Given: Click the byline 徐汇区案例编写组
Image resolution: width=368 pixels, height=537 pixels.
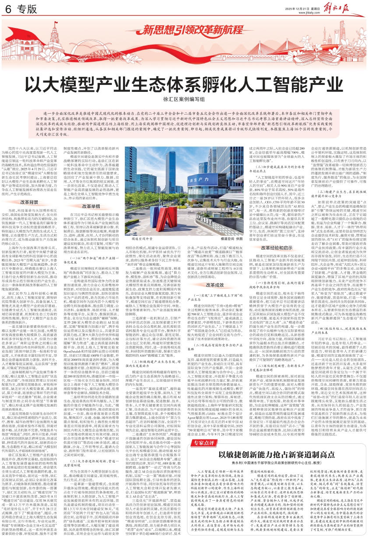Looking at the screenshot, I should click(x=184, y=101).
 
